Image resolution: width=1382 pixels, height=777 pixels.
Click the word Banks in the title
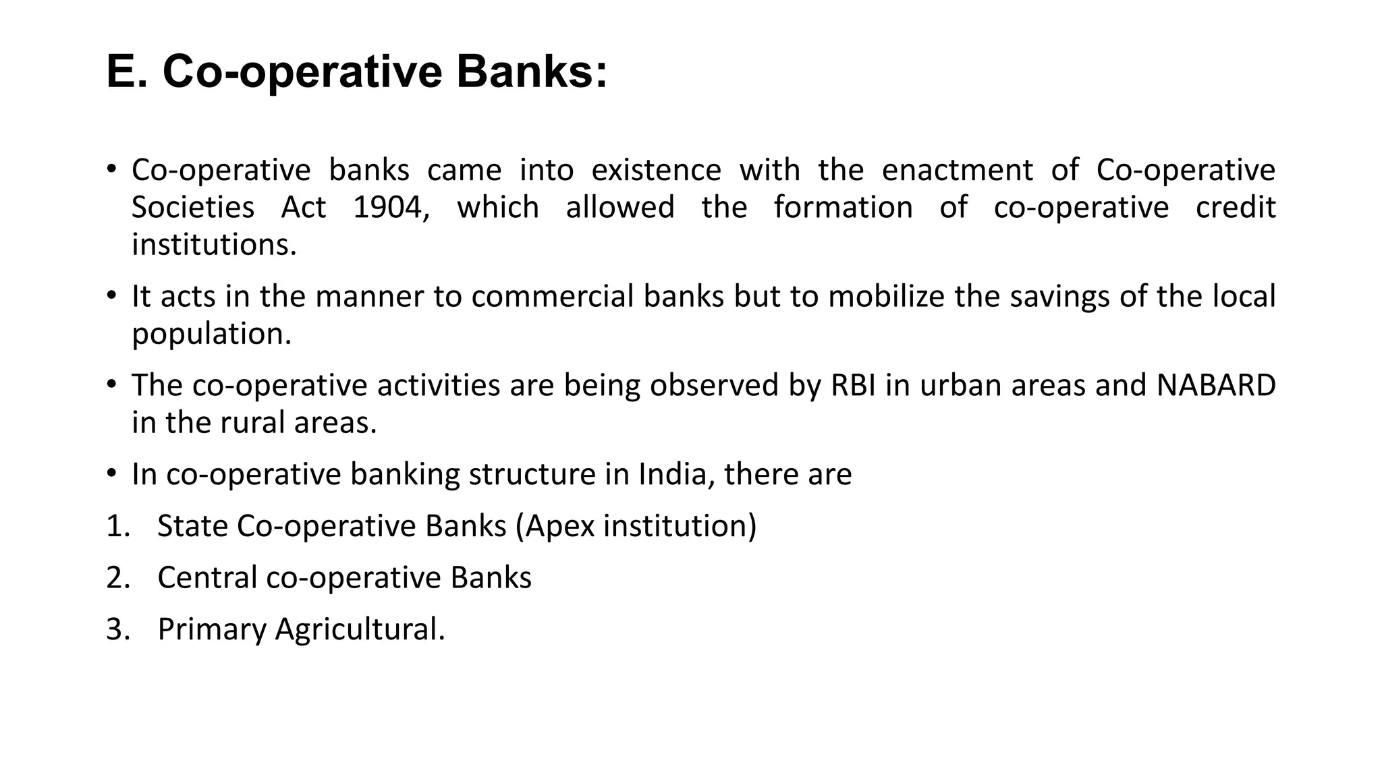[532, 72]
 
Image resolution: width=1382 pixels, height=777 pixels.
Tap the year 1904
[391, 207]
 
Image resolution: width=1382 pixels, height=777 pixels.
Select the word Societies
[193, 207]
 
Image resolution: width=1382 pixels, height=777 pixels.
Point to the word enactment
[957, 170]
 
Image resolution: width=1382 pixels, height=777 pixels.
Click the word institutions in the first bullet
[214, 245]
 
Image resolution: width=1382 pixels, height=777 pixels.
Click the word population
[211, 334]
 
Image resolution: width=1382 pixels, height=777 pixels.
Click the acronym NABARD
[1216, 386]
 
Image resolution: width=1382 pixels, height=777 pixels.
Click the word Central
[207, 578]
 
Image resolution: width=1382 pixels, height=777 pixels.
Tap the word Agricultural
[360, 629]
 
